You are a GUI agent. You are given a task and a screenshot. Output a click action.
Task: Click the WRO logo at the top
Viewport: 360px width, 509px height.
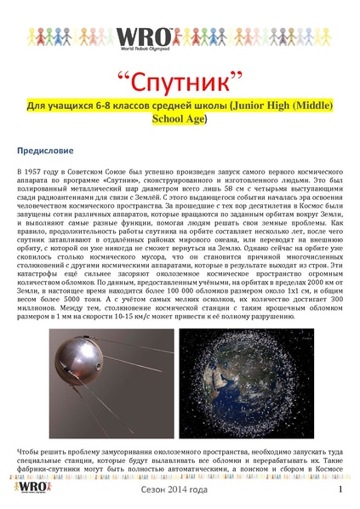tap(180, 42)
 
